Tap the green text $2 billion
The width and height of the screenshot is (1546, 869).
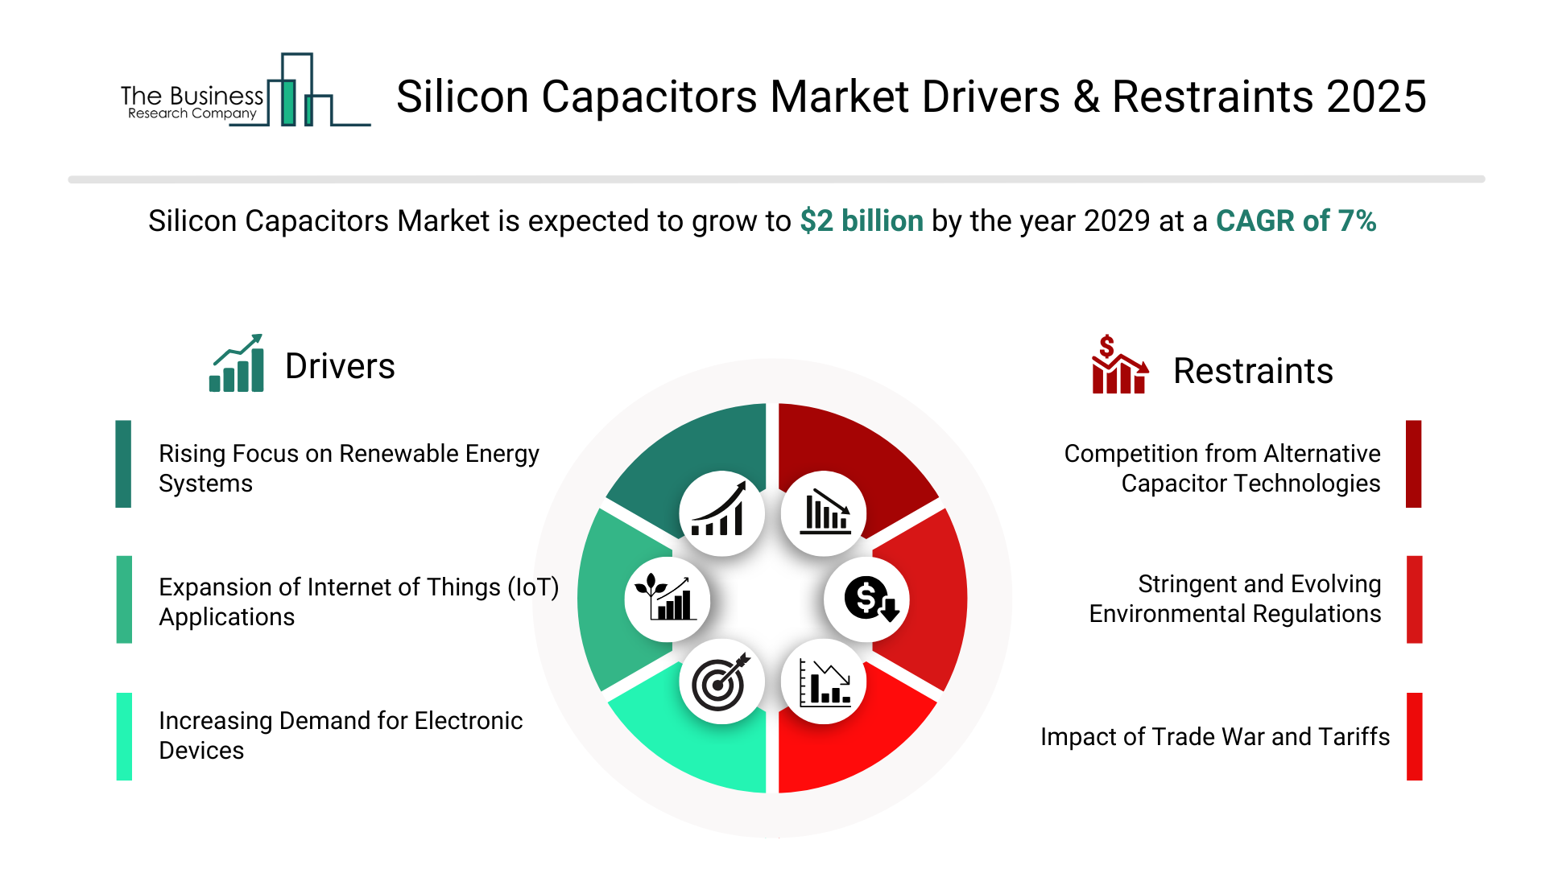coord(861,221)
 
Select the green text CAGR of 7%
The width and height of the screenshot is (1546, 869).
coord(1296,221)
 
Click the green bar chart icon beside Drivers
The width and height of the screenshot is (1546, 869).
coord(237,364)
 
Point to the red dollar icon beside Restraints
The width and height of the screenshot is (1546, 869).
coord(1118,366)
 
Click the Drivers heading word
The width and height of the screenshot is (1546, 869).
coord(340,367)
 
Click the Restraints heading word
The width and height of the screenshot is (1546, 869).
coord(1253,372)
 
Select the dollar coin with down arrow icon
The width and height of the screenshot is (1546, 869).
coord(868,599)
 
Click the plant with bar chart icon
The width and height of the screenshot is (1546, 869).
coord(666,599)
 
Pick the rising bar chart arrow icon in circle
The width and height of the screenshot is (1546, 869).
coord(721,513)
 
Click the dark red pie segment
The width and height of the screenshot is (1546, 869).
coord(854,443)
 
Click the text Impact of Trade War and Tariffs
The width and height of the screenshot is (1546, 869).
coord(1214,737)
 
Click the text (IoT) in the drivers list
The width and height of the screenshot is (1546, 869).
coord(533,587)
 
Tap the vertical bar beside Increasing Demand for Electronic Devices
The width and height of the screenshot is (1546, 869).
coord(124,736)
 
